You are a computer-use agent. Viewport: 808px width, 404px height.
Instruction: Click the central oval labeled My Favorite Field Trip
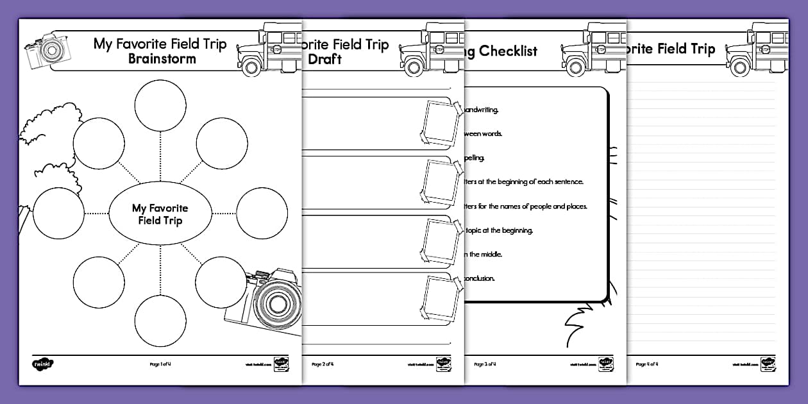pyautogui.click(x=160, y=215)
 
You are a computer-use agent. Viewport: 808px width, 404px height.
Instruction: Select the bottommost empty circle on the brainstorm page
pyautogui.click(x=160, y=322)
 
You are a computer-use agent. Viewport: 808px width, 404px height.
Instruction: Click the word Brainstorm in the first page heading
pyautogui.click(x=162, y=60)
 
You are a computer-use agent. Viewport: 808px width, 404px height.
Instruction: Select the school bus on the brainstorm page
pyautogui.click(x=269, y=49)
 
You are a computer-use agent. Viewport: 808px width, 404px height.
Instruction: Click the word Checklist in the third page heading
pyautogui.click(x=507, y=51)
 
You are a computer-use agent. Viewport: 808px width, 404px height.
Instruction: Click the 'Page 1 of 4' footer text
pyautogui.click(x=160, y=364)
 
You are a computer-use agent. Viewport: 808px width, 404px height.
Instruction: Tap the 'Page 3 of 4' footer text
pyautogui.click(x=485, y=364)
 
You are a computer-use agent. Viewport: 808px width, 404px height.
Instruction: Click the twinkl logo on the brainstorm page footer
pyautogui.click(x=43, y=364)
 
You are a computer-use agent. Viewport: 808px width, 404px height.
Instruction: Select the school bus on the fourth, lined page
pyautogui.click(x=757, y=49)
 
